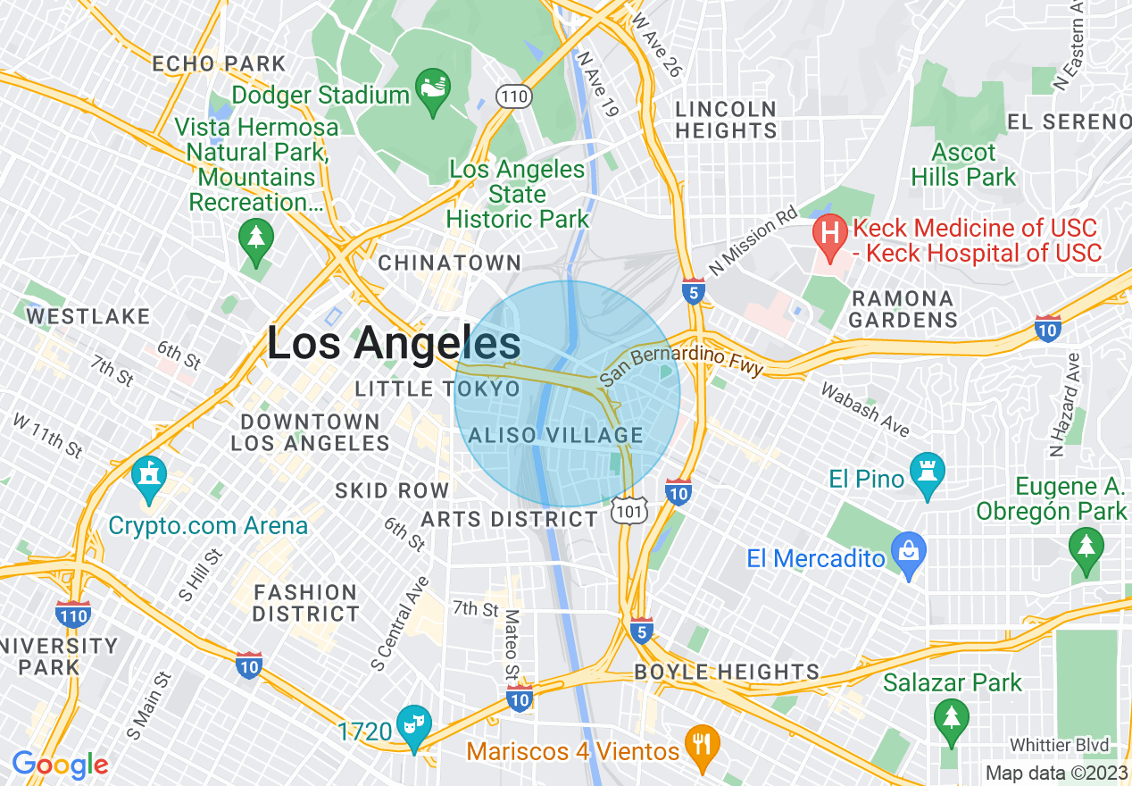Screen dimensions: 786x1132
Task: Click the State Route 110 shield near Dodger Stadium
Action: point(515,96)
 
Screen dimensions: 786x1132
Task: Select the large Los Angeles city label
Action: point(394,343)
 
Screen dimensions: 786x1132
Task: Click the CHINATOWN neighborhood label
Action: point(449,263)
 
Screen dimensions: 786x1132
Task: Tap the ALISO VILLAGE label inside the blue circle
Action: point(555,436)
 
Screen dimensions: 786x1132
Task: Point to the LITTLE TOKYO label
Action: point(437,389)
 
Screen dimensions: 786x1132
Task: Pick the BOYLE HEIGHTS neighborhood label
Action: point(727,673)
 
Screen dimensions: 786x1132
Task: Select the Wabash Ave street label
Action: point(864,409)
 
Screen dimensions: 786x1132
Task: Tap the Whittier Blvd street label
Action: point(1059,745)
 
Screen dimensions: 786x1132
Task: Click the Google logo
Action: point(60,765)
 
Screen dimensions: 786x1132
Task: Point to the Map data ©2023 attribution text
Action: point(1055,773)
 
